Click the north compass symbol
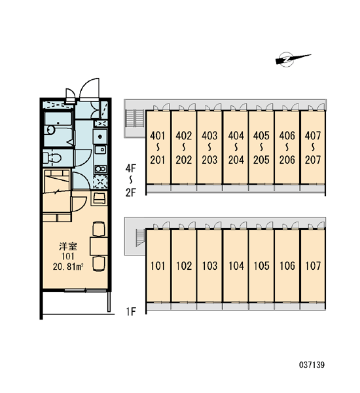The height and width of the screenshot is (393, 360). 291,60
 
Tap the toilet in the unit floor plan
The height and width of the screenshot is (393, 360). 52,158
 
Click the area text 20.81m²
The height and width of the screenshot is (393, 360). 68,267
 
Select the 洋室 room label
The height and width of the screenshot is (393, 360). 68,246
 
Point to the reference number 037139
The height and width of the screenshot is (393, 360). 312,364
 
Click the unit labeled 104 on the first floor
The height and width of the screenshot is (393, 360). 236,266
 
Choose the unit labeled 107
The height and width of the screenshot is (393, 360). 313,266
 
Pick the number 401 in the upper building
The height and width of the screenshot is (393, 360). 158,136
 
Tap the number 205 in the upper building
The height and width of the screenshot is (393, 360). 261,160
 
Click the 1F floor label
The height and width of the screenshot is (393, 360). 131,312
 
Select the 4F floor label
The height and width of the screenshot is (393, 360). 130,168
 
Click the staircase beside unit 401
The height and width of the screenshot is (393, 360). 134,118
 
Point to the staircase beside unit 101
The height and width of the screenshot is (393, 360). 140,237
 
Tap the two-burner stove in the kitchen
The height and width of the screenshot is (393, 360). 100,169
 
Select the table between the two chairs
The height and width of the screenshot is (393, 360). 99,246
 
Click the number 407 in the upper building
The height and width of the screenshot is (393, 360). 313,136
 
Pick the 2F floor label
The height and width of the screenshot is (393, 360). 130,193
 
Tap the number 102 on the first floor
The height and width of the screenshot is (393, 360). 184,266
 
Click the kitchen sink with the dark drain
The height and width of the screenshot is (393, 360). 100,137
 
